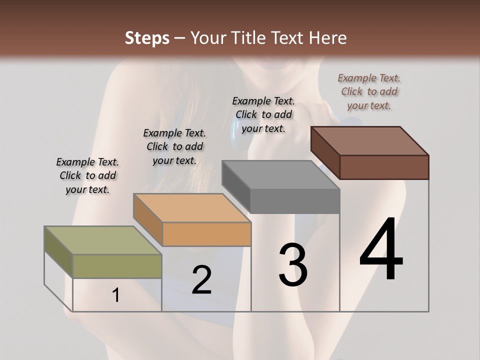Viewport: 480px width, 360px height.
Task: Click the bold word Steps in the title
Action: [x=147, y=38]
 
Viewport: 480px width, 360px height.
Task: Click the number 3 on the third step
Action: [x=293, y=264]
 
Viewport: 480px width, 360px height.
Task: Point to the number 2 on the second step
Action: [x=201, y=279]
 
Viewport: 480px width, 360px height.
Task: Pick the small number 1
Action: [x=116, y=295]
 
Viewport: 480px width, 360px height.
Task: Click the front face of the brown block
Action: [x=384, y=167]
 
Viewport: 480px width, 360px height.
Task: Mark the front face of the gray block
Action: [x=295, y=201]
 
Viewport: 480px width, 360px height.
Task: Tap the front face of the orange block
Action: [x=206, y=234]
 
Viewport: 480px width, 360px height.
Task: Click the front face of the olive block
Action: [x=117, y=266]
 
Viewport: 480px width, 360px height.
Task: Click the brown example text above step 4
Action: [x=369, y=91]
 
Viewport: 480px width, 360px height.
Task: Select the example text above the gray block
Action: [x=263, y=114]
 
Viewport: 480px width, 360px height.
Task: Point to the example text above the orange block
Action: [x=174, y=146]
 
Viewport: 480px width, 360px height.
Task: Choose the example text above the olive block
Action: [x=87, y=175]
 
